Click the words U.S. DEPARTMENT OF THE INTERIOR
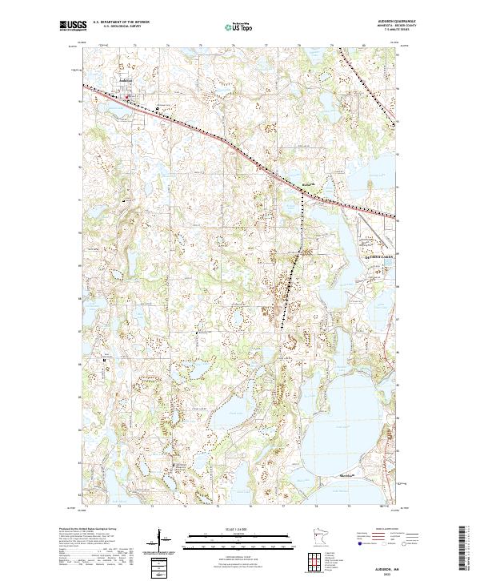(x=121, y=22)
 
